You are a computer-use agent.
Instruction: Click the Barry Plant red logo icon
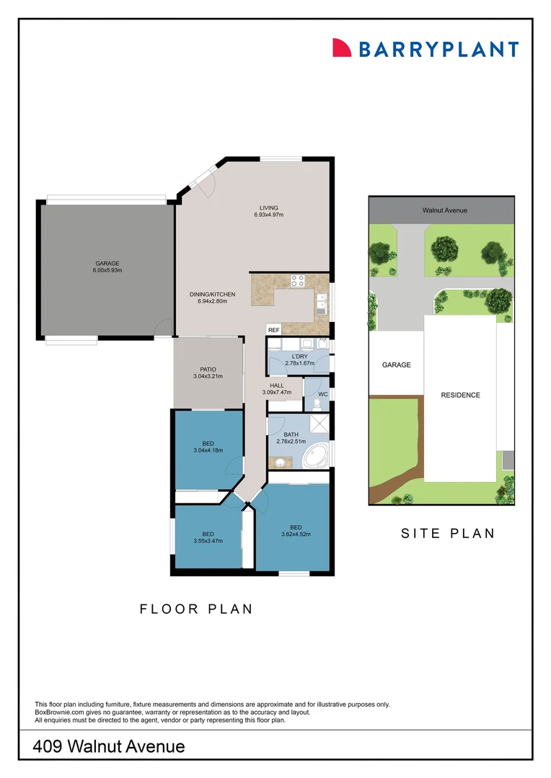341,48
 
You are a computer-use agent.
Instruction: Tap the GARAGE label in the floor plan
106,264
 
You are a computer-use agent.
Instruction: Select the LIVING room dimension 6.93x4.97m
269,215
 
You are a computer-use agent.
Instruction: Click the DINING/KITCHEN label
212,295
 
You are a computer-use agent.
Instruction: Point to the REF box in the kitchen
273,330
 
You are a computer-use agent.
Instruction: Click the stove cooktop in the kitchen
297,280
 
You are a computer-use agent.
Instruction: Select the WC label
322,395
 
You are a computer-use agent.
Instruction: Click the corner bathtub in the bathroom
316,455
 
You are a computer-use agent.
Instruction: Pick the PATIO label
208,370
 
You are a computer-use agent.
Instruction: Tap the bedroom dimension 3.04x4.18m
208,450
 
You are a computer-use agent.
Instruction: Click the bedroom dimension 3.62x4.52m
296,534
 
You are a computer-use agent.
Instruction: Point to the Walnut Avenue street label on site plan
444,210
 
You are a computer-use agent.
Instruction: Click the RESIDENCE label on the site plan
461,395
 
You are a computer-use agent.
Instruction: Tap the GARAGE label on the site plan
396,365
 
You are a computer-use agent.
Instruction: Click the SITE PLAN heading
447,534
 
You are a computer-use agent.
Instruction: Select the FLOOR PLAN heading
196,609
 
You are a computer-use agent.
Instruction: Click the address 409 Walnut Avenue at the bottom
109,746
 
